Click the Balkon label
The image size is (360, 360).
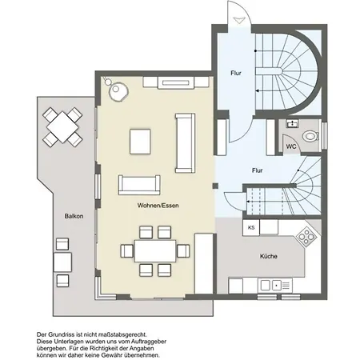[x=74, y=216]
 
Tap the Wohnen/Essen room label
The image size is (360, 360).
[x=158, y=206]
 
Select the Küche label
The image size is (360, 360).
[x=269, y=256]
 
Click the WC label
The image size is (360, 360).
[x=291, y=146]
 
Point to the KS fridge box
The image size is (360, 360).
[x=251, y=228]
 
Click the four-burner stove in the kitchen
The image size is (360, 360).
[x=306, y=236]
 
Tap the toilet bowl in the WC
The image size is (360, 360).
[x=310, y=136]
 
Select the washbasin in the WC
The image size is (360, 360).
[x=293, y=123]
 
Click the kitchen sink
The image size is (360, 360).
[x=275, y=286]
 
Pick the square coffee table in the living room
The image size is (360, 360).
[x=140, y=142]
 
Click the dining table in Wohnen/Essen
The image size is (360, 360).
[x=155, y=250]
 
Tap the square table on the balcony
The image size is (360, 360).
[x=62, y=127]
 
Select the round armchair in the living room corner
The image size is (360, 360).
[x=118, y=90]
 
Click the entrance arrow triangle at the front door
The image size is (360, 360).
[x=239, y=20]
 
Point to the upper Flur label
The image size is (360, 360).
[x=236, y=73]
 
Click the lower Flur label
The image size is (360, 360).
[x=257, y=170]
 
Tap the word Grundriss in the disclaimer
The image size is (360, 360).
[x=61, y=334]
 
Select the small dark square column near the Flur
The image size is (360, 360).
[x=215, y=186]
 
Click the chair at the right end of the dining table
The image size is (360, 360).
[x=183, y=251]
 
